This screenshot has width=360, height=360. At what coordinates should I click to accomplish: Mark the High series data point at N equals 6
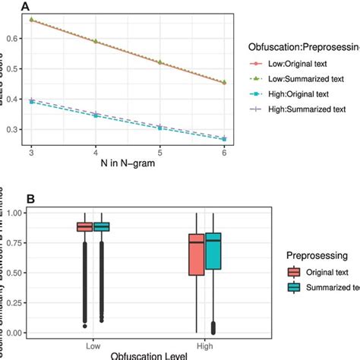pyautogui.click(x=224, y=139)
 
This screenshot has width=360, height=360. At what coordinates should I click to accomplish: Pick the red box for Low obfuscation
pyautogui.click(x=84, y=226)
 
